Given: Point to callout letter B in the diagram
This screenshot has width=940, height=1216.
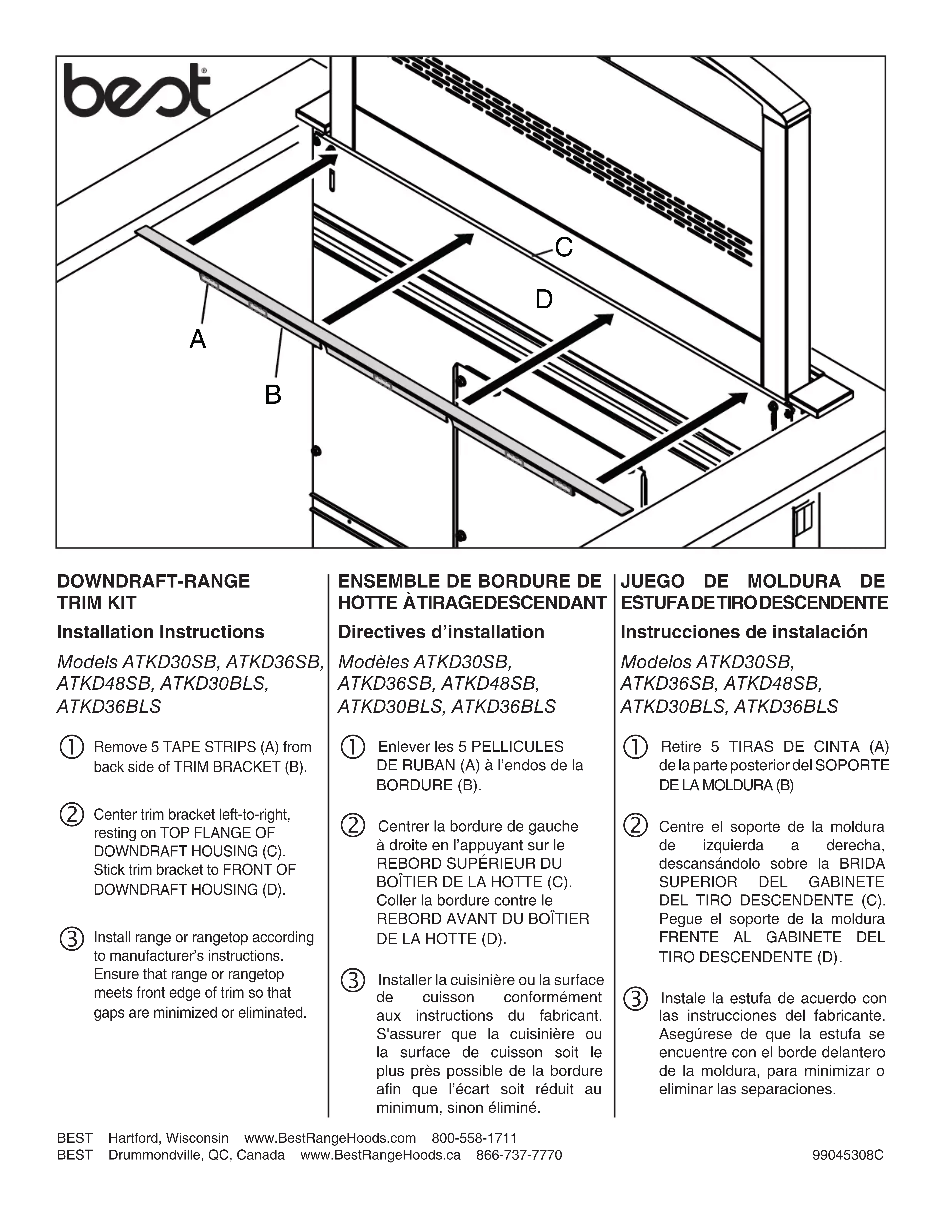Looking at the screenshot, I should tap(273, 395).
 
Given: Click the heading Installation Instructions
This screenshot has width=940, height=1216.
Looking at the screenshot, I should tap(160, 632).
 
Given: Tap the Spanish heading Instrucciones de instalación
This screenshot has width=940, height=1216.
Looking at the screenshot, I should tap(744, 632).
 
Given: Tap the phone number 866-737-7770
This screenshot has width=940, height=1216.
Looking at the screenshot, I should tap(519, 1155).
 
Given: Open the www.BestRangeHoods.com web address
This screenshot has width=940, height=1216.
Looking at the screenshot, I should tap(330, 1138).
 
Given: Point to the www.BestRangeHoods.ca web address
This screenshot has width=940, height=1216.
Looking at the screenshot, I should tap(381, 1155).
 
